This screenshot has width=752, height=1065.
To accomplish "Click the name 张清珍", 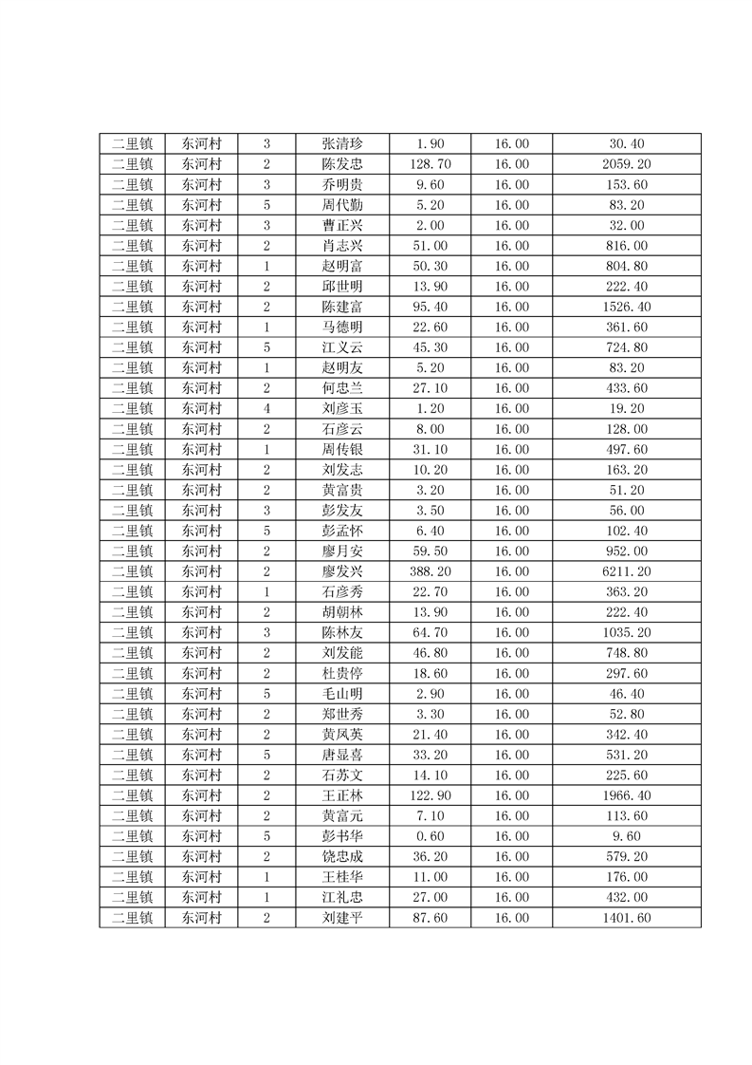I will [x=341, y=144].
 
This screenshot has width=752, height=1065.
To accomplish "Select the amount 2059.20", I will [x=627, y=164].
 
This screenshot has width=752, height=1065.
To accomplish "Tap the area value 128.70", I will [x=431, y=164].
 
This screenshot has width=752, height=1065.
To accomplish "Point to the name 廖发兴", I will [x=341, y=571].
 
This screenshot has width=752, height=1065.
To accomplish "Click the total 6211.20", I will [x=627, y=571].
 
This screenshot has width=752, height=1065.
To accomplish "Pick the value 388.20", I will [x=431, y=571].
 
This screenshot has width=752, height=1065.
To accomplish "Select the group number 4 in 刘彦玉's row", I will [x=266, y=408].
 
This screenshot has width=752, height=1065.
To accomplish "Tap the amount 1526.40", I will [x=627, y=307].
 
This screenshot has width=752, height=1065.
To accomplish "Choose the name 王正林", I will [x=341, y=795].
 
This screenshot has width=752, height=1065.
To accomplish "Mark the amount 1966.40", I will [x=627, y=795].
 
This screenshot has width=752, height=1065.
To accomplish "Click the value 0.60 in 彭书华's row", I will [x=431, y=836].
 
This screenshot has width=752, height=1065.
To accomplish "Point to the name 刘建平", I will [x=341, y=918].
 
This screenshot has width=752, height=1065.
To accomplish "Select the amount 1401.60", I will [x=627, y=918].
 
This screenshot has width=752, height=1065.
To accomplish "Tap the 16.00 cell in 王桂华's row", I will [x=512, y=877].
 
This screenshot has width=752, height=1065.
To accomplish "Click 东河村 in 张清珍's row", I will [x=201, y=144].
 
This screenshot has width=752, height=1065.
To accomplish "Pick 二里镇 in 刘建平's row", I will [x=132, y=918].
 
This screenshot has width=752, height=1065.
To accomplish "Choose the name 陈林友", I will [x=341, y=632].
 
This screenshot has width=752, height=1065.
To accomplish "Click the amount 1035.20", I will [x=627, y=632].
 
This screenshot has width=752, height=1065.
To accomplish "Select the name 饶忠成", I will [x=341, y=857].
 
